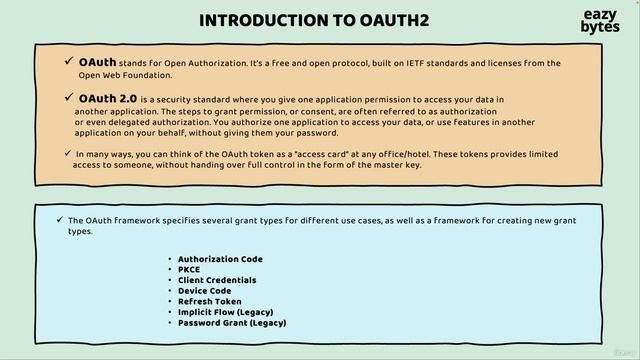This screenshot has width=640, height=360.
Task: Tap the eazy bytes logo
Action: click(599, 22)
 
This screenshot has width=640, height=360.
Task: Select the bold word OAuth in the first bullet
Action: click(97, 63)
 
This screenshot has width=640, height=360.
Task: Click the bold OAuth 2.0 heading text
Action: click(107, 98)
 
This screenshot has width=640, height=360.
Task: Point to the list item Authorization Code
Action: click(220, 259)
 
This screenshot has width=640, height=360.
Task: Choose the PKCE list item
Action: click(189, 270)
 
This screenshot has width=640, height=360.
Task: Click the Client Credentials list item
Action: click(217, 280)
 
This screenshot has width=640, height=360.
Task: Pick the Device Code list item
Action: click(204, 291)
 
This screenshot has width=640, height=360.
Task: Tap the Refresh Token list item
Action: click(209, 301)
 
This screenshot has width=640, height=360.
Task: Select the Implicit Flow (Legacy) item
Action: click(225, 312)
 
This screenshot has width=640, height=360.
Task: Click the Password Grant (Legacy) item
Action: click(232, 323)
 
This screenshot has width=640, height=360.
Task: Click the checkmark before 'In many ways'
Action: click(67, 153)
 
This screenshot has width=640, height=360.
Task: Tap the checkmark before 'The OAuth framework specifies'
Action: click(60, 218)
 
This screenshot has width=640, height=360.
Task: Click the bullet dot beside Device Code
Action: click(170, 291)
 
